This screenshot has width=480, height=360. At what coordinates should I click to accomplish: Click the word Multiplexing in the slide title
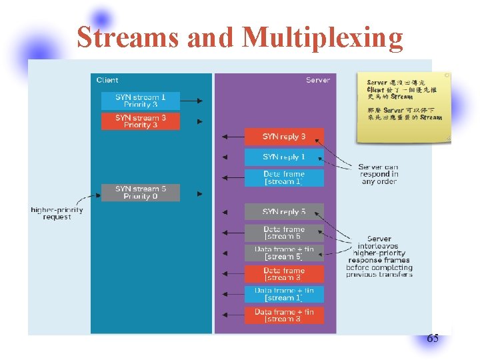coord(323,37)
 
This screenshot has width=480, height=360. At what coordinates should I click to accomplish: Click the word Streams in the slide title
coord(129,37)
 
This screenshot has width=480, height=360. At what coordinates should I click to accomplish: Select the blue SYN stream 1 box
coord(141,101)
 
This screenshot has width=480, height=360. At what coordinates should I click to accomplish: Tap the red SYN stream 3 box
coord(141,121)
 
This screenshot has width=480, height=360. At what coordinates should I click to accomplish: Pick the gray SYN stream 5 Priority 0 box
coord(141,193)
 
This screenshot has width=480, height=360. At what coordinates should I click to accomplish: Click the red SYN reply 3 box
coord(284,137)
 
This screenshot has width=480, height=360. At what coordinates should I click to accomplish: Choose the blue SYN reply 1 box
coord(284,157)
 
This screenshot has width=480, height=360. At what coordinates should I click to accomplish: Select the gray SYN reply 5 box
coord(284,212)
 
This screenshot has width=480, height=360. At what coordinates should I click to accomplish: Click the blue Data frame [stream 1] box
coord(284,178)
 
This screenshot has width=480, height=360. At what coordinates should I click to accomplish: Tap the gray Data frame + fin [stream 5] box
coord(284,253)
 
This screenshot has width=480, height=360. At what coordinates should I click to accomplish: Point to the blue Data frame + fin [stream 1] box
coord(284,294)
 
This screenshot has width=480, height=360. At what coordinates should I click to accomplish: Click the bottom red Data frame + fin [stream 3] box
coord(284,315)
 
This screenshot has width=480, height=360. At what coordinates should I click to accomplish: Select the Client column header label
coord(107,80)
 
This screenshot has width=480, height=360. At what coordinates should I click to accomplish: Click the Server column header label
coord(317,80)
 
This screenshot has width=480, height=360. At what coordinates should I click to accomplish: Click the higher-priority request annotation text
coord(57,213)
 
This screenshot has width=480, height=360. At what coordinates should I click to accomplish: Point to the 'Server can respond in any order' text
coord(379,174)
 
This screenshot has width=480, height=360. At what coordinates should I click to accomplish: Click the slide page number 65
coord(433,339)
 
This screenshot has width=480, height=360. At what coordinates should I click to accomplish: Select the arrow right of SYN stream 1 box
coord(192,101)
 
